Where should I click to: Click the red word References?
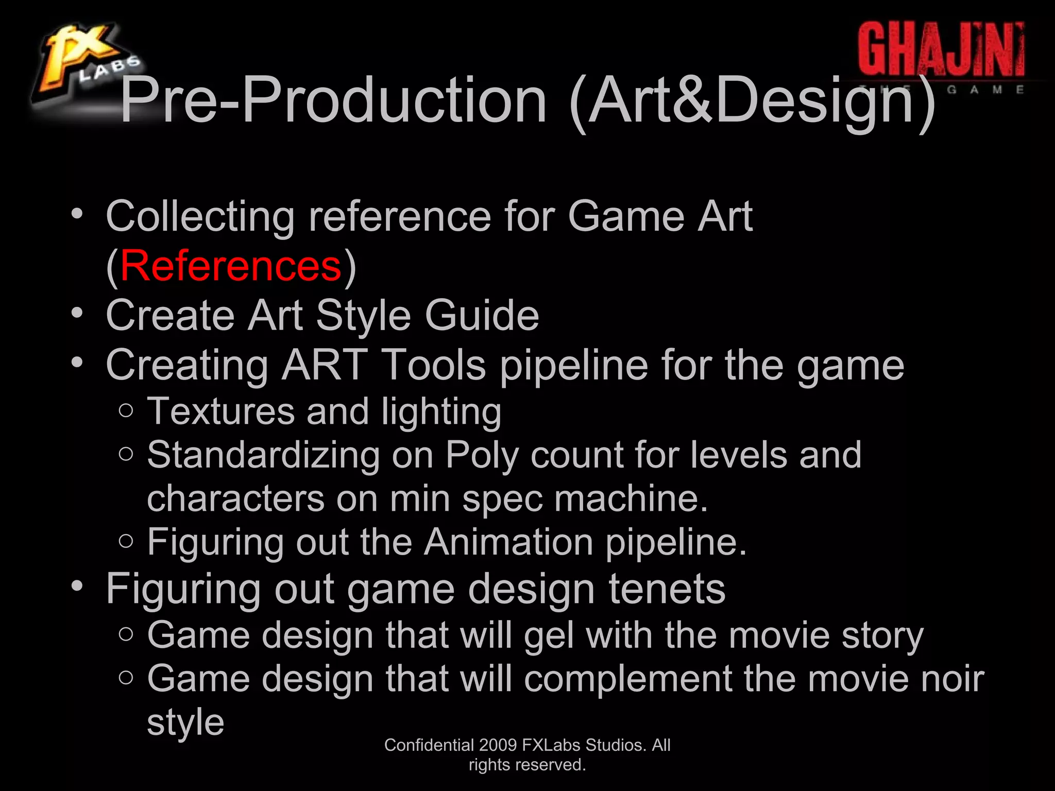[x=231, y=266]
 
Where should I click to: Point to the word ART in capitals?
[x=325, y=365]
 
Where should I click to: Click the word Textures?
[x=220, y=411]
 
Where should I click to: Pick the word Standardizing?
[x=263, y=455]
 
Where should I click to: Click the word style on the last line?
[x=185, y=723]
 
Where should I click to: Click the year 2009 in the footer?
[x=498, y=745]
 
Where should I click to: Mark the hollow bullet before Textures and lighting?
[x=126, y=410]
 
